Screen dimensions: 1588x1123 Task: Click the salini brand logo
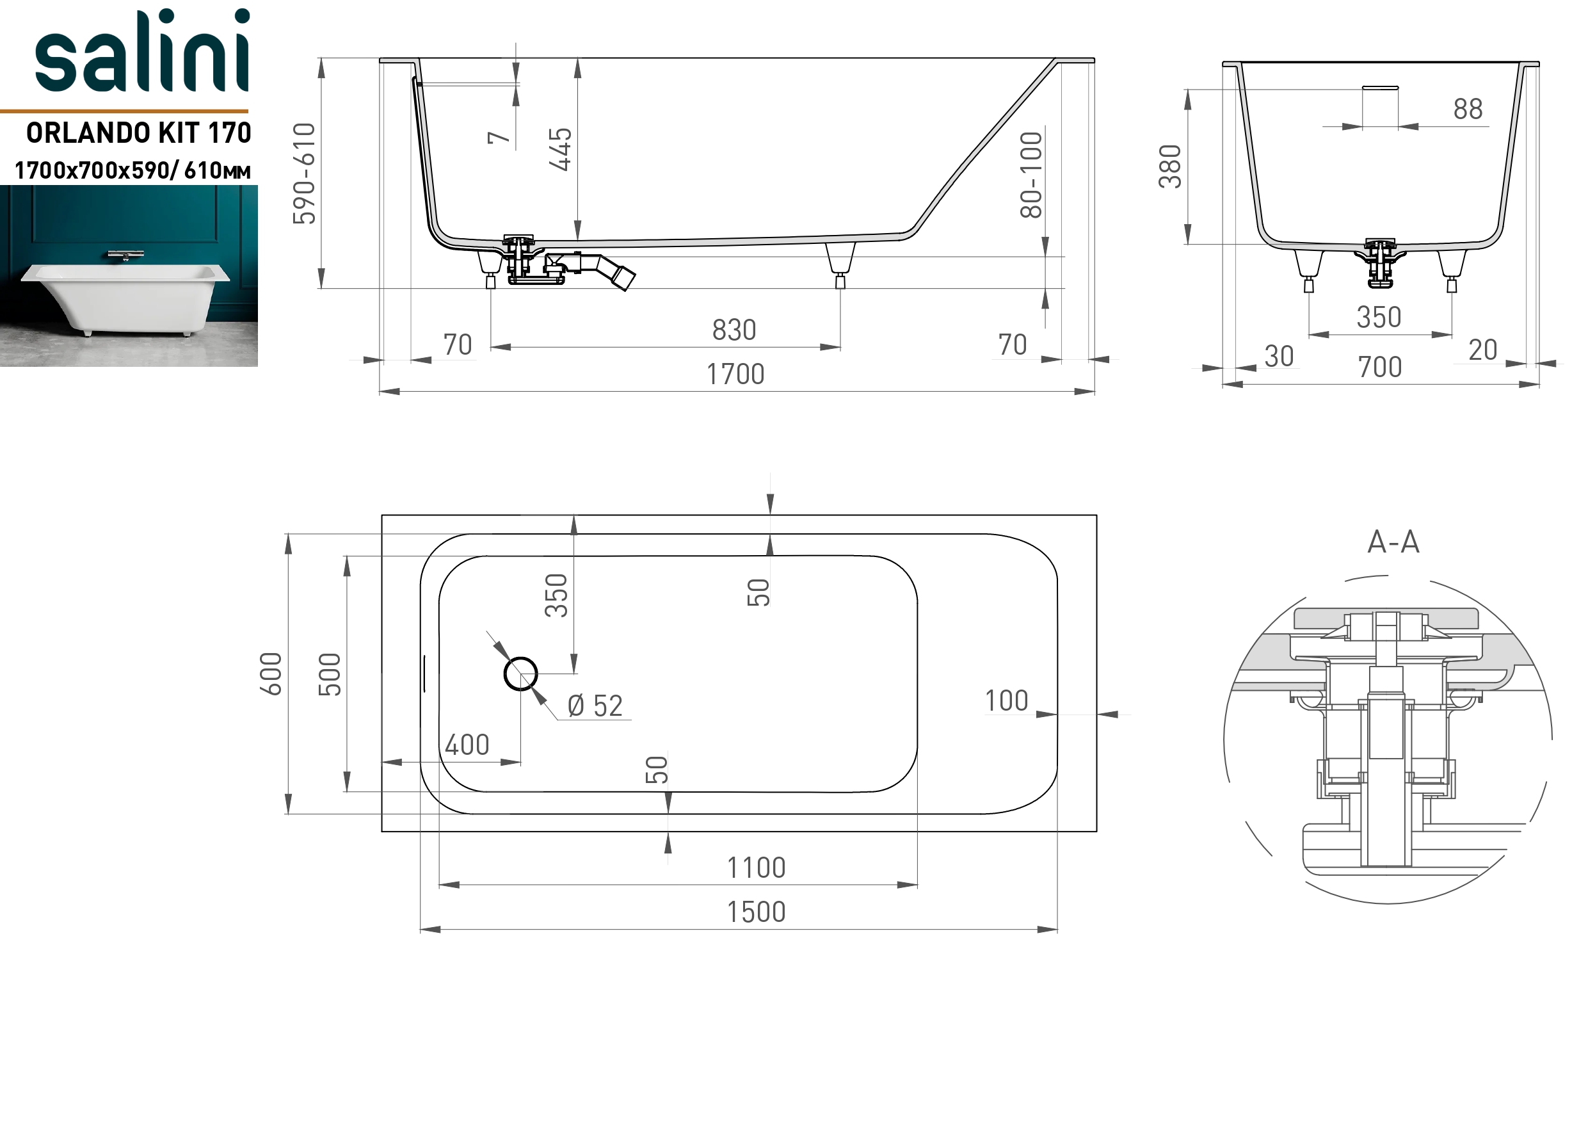142,51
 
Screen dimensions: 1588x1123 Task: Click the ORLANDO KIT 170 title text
138,132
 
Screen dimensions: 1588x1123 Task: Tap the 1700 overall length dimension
735,375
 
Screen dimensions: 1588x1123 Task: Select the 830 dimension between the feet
735,330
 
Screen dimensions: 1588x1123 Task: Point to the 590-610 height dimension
304,174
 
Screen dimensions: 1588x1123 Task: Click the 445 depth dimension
560,149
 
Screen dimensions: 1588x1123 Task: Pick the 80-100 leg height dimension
1031,175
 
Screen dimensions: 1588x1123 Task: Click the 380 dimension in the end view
1170,166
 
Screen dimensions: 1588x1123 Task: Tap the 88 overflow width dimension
1468,109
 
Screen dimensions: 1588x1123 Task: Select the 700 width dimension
1380,368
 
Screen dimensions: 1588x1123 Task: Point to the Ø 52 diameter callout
595,706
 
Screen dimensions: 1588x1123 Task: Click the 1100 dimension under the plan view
756,868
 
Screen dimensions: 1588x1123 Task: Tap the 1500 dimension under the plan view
756,912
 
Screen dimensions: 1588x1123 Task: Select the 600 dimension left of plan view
271,674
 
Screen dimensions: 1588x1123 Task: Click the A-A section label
1393,542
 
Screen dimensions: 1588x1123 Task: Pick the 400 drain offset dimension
467,745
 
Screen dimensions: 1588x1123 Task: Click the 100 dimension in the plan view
1006,701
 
